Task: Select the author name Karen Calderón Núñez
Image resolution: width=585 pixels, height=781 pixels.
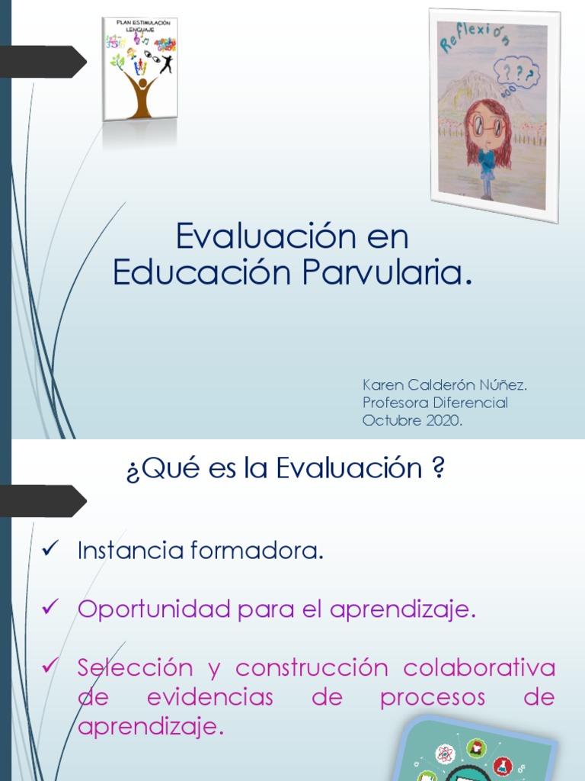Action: [x=445, y=385]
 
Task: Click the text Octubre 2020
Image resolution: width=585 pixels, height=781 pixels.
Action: [x=412, y=420]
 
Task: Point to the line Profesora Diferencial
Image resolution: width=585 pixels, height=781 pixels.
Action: [x=435, y=403]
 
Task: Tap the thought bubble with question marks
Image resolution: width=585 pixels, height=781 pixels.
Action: [x=516, y=75]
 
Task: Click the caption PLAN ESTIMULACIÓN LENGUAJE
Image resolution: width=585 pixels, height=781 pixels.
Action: [x=140, y=27]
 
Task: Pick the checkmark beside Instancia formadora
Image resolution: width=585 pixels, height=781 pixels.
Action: [x=51, y=549]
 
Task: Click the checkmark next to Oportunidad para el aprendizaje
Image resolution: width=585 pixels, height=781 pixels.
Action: [x=51, y=607]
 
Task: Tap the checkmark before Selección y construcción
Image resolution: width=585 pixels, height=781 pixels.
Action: [x=51, y=666]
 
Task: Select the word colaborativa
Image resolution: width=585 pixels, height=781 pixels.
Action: [x=479, y=667]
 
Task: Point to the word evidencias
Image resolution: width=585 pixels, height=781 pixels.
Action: [x=209, y=697]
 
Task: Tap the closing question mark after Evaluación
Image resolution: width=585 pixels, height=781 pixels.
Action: [x=438, y=468]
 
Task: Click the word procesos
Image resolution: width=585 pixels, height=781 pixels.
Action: [x=432, y=697]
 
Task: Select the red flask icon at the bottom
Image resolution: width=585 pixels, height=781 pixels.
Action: [x=502, y=764]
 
